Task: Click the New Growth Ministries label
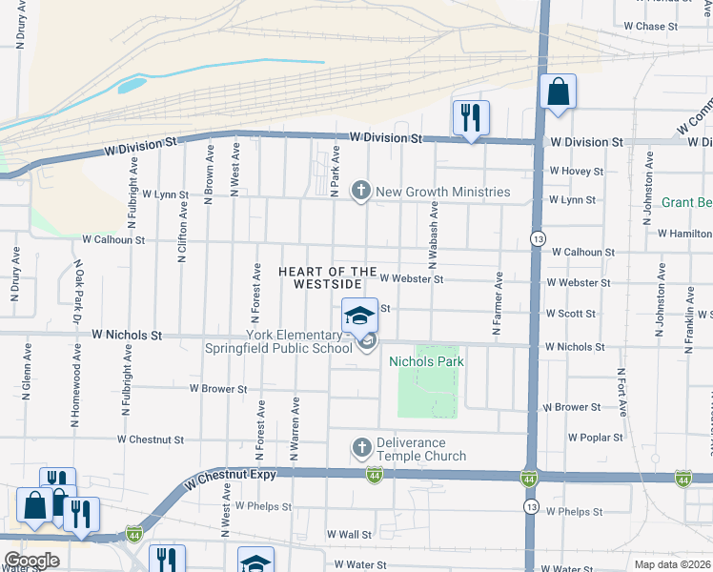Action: tap(442, 192)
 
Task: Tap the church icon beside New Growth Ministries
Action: tap(361, 192)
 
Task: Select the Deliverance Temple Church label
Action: tap(420, 449)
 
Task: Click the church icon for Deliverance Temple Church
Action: tap(361, 447)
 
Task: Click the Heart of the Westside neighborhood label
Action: tap(328, 278)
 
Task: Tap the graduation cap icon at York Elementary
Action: tap(359, 316)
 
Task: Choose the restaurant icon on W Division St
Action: tap(470, 117)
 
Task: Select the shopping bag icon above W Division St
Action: tap(558, 92)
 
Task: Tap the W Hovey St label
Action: tap(576, 171)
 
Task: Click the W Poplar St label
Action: tap(595, 438)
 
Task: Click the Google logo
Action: tap(31, 561)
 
